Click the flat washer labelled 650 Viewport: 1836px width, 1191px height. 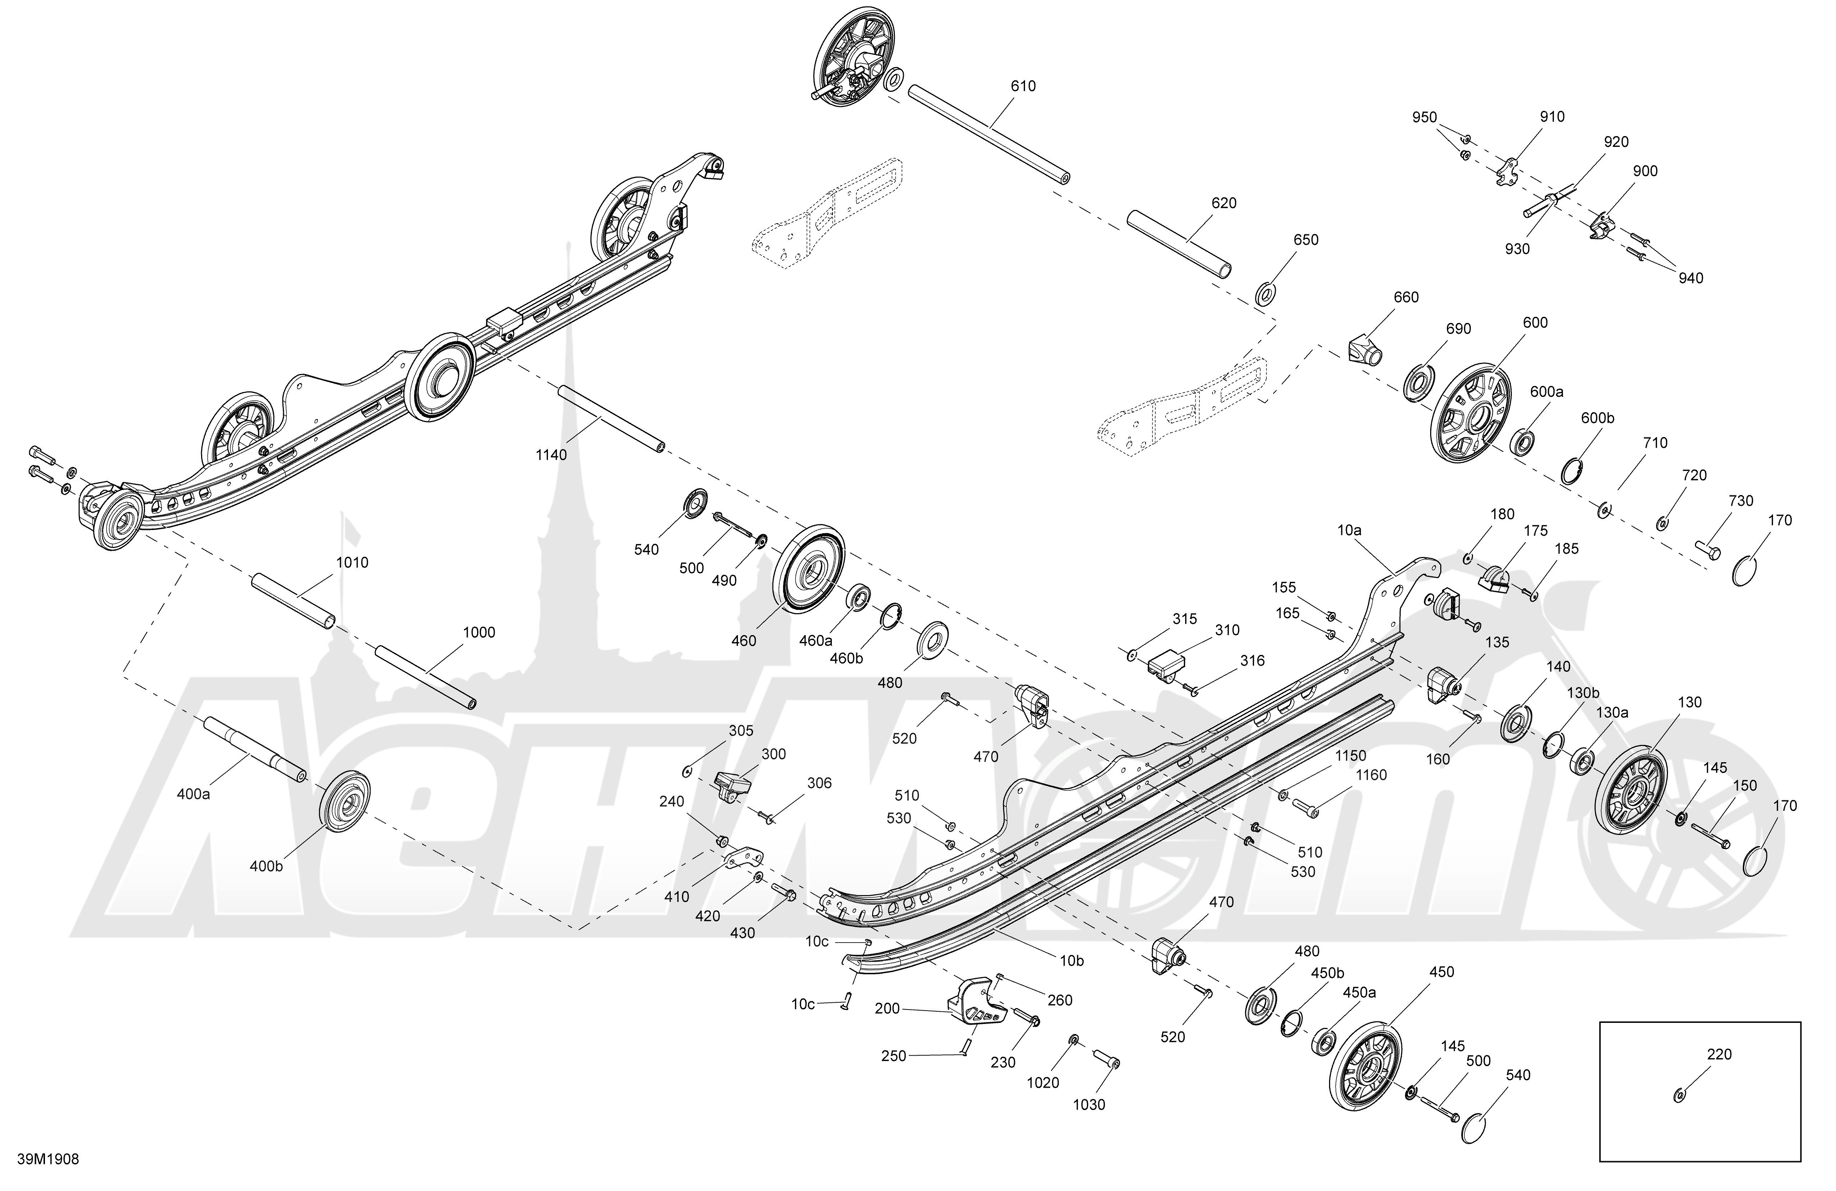[x=1266, y=294]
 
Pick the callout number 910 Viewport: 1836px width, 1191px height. [x=1552, y=117]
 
